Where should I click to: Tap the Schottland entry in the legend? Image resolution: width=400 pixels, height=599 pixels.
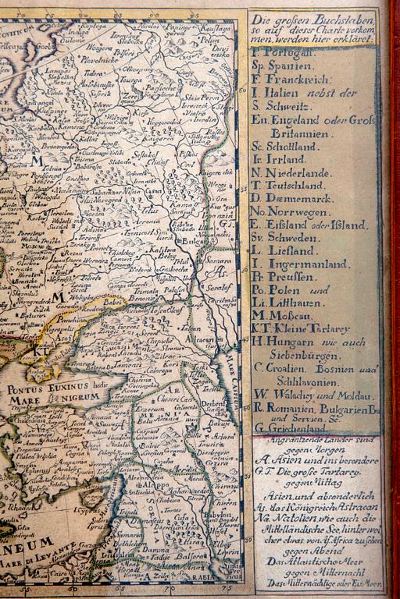290,145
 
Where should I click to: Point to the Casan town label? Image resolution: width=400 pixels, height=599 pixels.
153,191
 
